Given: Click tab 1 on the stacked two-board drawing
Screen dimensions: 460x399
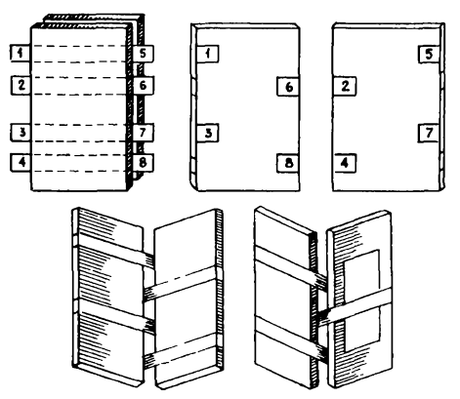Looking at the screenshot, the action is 21,53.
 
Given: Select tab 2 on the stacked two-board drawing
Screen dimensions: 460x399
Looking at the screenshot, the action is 21,85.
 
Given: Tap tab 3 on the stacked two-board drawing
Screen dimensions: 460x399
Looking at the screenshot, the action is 21,133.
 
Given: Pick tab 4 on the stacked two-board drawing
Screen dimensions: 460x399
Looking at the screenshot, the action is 21,162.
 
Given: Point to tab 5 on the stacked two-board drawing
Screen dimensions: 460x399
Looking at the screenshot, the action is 144,54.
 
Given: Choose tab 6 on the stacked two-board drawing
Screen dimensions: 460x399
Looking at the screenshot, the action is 144,86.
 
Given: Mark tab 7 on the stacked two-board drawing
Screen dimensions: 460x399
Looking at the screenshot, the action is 144,133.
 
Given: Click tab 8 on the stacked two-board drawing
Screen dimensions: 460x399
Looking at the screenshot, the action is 144,162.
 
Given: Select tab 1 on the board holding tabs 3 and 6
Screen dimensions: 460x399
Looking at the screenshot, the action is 208,54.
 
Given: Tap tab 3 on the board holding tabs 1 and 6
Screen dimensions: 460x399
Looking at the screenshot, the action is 208,133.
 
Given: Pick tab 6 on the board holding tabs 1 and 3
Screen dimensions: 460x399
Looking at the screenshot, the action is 288,87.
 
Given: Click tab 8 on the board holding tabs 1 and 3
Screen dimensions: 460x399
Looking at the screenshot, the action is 288,163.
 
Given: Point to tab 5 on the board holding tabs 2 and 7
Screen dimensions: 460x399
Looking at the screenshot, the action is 429,54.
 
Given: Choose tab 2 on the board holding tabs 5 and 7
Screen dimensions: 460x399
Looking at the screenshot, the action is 345,86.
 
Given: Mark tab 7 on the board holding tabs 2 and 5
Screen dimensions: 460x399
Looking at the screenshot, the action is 429,133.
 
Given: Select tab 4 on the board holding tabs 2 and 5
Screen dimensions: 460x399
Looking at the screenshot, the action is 345,163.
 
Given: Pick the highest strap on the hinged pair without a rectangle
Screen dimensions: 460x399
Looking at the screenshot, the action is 114,248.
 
